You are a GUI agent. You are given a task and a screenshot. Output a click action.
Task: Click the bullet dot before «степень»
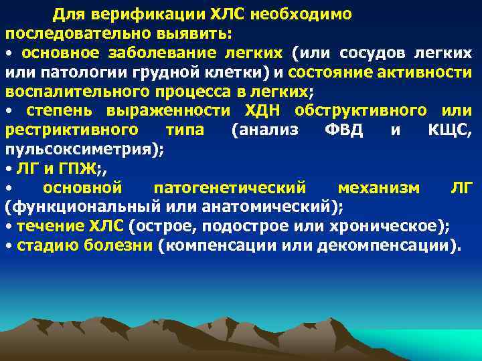[8, 111]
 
